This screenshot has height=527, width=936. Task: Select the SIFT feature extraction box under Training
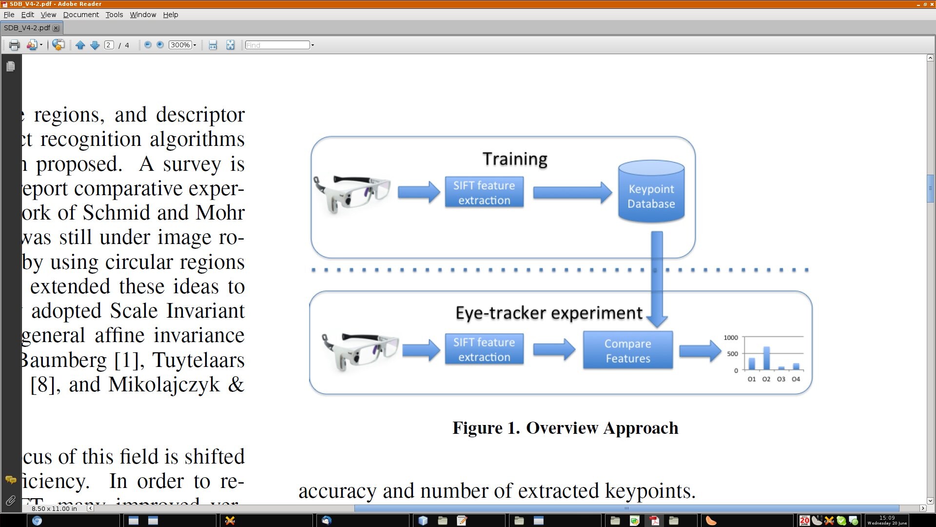[484, 192]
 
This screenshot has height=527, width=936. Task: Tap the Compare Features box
[628, 350]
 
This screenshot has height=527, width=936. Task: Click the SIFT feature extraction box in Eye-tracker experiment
[484, 349]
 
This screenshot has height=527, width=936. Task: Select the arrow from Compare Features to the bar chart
[700, 350]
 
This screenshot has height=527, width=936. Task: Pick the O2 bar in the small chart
[766, 358]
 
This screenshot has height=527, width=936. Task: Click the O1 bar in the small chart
[752, 364]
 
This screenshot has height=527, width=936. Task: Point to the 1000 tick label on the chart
[731, 338]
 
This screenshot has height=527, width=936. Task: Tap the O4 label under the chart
[796, 379]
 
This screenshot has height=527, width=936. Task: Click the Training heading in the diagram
[515, 159]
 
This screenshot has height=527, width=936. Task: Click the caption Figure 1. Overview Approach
[565, 428]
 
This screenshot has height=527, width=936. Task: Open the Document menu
[81, 15]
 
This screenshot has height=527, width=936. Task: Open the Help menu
[170, 15]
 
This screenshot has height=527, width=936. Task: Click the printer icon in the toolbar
[14, 45]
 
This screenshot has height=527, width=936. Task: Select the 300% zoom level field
[180, 45]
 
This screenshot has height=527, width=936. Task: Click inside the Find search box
[277, 45]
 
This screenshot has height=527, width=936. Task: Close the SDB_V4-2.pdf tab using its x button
[56, 28]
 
